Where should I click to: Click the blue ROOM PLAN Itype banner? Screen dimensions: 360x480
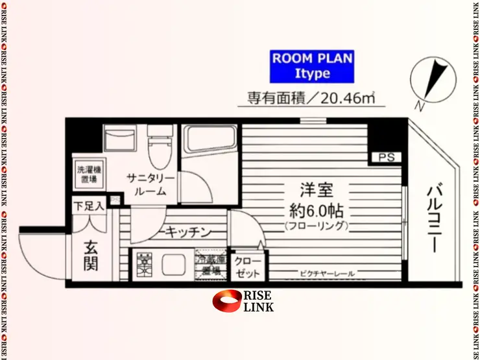[311, 66]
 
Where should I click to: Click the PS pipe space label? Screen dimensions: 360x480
[387, 157]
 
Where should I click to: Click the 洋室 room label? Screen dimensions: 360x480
[316, 191]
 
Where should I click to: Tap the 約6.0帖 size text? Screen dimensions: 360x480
[316, 211]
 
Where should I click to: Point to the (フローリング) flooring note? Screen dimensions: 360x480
[316, 226]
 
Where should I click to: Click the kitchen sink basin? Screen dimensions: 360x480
[173, 265]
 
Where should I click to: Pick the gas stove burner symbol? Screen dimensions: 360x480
[142, 265]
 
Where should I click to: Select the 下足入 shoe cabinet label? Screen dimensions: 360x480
[89, 206]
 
